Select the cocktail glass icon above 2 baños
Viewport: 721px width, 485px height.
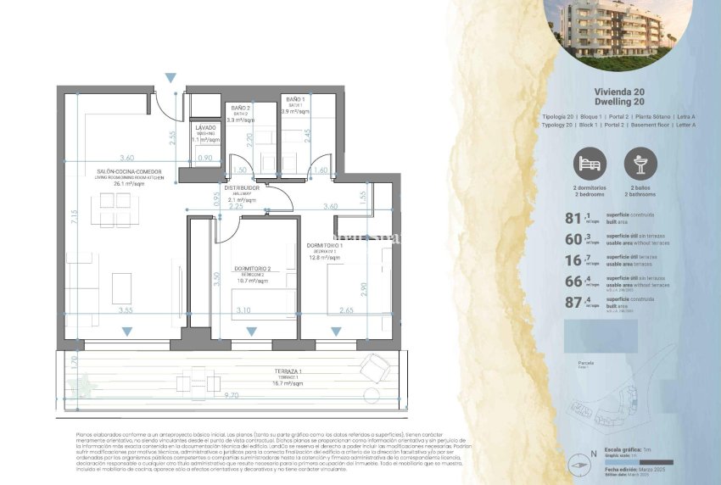(640, 163)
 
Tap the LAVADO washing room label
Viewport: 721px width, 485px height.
(205, 128)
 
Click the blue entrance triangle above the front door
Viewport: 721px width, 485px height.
(171, 78)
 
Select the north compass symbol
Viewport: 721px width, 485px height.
(580, 465)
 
